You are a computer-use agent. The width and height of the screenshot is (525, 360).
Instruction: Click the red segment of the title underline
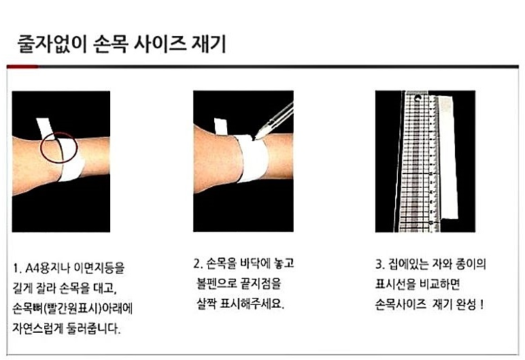pyautogui.click(x=21, y=67)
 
